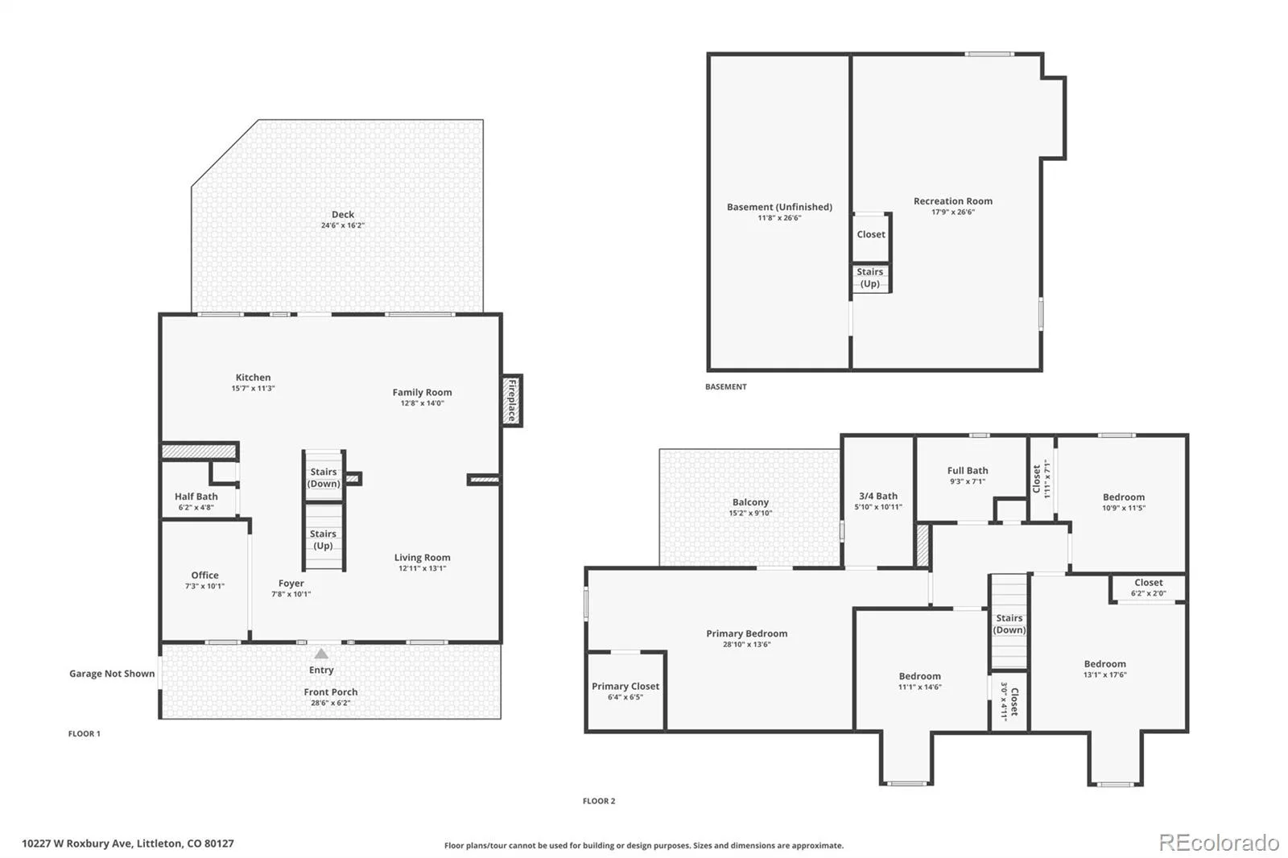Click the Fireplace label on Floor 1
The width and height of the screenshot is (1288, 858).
(511, 400)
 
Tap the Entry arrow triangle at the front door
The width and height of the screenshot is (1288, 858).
(321, 654)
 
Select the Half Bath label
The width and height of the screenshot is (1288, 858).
(196, 497)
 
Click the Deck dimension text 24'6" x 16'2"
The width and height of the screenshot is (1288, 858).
(343, 225)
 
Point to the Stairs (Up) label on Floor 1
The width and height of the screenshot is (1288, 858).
(323, 539)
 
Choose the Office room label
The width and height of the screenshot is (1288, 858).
(204, 575)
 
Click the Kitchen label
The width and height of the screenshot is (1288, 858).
(253, 377)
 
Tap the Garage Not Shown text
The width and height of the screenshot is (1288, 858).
(112, 674)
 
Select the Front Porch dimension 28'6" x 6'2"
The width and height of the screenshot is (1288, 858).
(331, 703)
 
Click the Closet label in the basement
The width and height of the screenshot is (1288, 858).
(871, 234)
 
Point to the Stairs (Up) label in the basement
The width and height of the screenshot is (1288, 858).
(870, 278)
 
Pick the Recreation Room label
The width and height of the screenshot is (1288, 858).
(953, 200)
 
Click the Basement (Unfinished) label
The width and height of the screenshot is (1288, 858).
(779, 206)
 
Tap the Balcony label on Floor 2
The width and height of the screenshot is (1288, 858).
(750, 502)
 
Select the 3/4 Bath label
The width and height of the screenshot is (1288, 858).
(878, 496)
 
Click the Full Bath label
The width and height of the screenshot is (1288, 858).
(968, 470)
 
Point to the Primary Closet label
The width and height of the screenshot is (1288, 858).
(625, 686)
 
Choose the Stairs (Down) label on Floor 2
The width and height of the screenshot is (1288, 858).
(1009, 624)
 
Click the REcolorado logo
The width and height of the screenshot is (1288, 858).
(1219, 843)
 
